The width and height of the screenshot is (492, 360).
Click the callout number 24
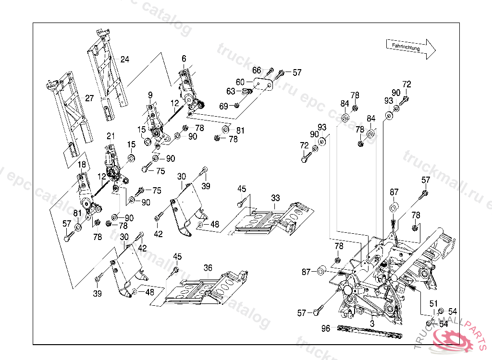pos(125,60)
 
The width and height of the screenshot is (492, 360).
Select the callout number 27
pos(89,98)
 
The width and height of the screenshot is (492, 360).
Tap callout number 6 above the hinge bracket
pos(184,59)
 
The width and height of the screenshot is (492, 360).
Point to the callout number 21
pos(111,136)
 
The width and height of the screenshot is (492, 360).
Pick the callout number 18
pos(82,165)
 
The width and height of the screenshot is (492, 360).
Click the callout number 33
pos(275,198)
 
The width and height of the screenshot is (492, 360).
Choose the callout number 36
pos(208,268)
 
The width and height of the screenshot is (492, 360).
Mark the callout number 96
pos(326,328)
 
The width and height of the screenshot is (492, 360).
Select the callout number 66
pos(257,71)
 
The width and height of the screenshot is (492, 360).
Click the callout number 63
pos(231,91)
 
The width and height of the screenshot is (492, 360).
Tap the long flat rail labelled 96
pos(370,331)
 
